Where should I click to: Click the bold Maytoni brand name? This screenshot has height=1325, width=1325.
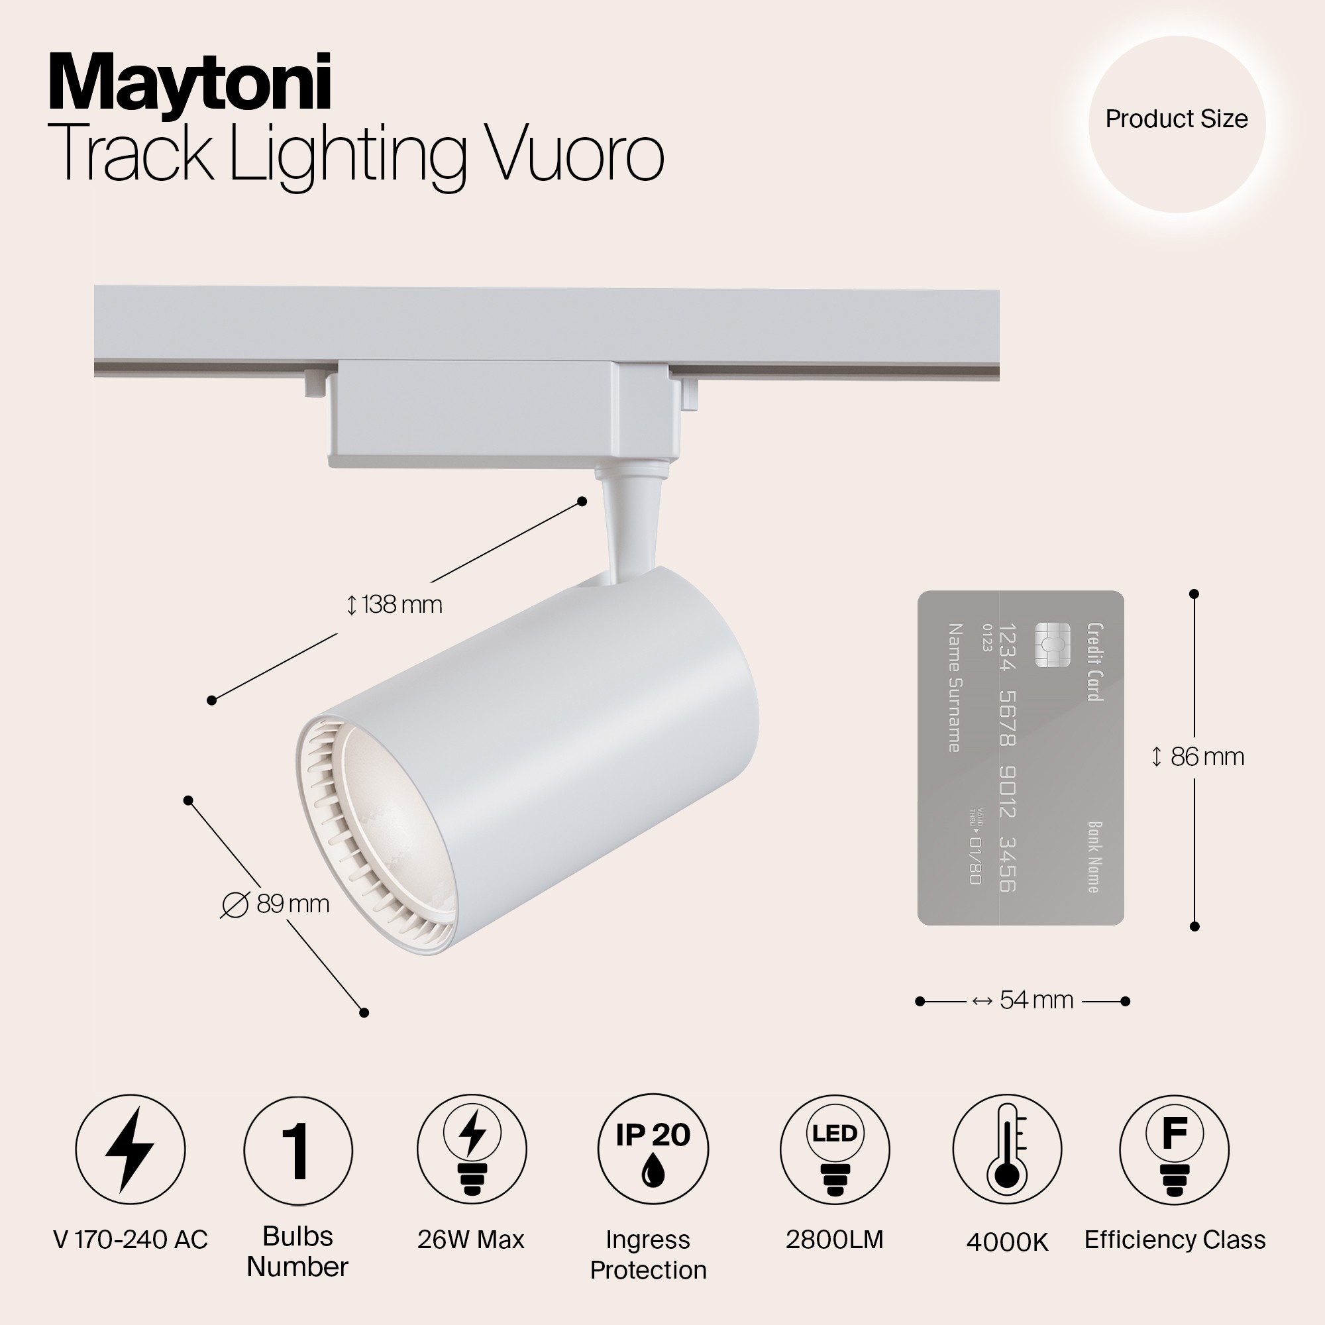[190, 84]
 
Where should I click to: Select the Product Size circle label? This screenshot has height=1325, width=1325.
[1176, 119]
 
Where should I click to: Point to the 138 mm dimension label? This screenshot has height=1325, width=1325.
[394, 604]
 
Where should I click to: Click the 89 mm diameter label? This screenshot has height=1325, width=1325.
[276, 904]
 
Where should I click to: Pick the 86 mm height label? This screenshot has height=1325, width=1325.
[1197, 757]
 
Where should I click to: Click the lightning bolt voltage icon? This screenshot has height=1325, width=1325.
[131, 1149]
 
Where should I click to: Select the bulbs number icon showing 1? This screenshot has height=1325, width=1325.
[297, 1150]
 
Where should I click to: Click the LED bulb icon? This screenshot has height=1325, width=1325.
[834, 1149]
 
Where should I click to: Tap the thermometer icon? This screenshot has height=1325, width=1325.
[1007, 1149]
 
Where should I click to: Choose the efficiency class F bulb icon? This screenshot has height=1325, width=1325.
[1174, 1149]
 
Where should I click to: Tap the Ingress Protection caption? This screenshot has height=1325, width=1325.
[648, 1254]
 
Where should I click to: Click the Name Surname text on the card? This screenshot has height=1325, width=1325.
[954, 687]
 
